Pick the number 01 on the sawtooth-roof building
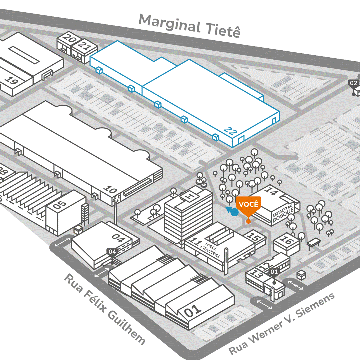pos(194,311)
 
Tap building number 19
pos(12,81)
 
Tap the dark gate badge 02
pos(353,83)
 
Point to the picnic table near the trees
pos(314,242)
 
